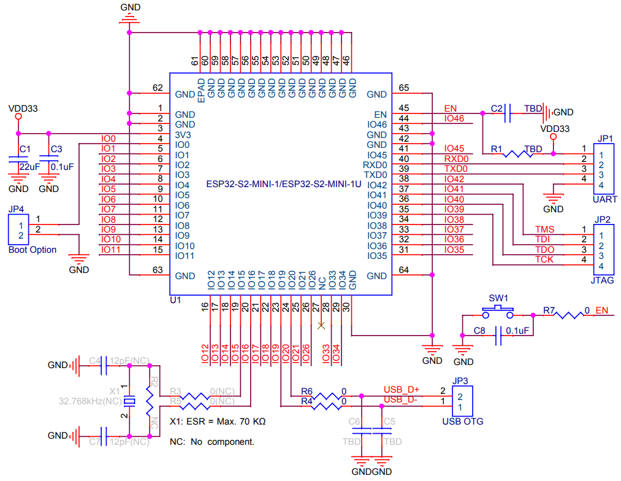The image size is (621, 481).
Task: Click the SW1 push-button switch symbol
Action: coord(498,312)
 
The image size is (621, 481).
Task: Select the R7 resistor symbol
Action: coord(568,315)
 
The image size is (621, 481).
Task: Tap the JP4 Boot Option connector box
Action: coord(18,230)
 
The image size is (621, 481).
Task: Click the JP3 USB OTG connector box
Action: coord(462,401)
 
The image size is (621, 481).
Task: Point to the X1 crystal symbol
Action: coord(129,401)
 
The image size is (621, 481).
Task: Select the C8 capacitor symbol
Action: coord(498,335)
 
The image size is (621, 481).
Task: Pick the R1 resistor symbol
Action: coord(518,154)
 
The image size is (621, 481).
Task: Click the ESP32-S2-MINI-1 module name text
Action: coord(284,184)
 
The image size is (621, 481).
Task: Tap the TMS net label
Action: coord(544,229)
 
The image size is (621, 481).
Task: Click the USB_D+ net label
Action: coord(401,390)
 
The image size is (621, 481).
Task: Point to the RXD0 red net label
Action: coord(456,159)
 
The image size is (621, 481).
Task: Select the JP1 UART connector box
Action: coord(604,169)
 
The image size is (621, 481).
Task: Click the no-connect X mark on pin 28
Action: coord(321,325)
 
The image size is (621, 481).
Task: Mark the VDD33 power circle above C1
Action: coord(18,117)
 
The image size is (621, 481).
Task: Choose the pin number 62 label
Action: coord(158,88)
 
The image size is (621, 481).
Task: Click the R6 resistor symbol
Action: coord(326,396)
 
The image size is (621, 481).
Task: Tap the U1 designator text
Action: coord(175,300)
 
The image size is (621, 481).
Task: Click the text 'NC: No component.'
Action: coord(212,442)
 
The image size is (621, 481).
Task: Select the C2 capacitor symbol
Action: coord(508,114)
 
